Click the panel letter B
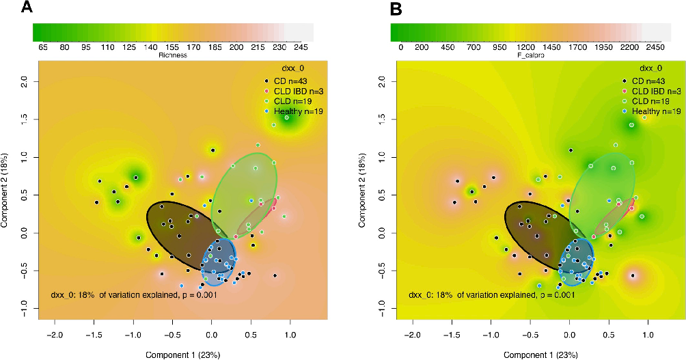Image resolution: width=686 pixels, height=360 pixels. click(375, 9)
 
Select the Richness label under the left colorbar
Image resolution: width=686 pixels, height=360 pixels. click(172, 55)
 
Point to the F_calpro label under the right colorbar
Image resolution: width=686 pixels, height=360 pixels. click(530, 55)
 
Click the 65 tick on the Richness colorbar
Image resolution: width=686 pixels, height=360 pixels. click(43, 47)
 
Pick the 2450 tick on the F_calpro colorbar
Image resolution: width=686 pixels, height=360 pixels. click(655, 47)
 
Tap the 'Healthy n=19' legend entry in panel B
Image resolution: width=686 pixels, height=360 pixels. click(657, 111)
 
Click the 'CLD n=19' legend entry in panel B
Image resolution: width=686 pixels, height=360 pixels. click(651, 100)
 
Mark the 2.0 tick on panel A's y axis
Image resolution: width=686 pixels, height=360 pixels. click(23, 80)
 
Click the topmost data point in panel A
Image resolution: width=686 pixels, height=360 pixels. click(286, 117)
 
